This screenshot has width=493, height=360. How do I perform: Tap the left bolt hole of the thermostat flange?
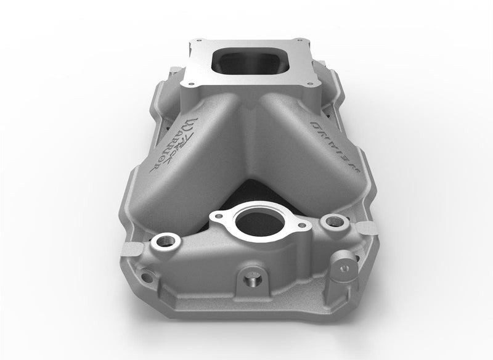[x=217, y=216]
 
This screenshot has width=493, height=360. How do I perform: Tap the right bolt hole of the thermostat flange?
[x=301, y=226]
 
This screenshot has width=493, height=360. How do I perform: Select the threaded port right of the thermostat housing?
[x=333, y=221]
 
